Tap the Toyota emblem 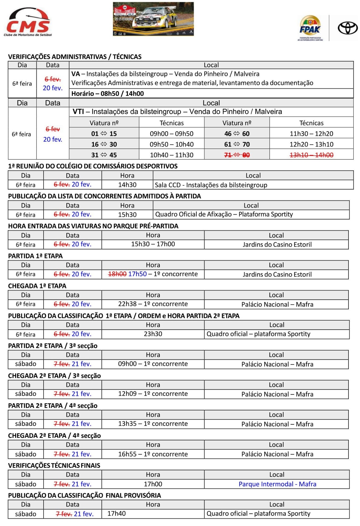(x=347, y=28)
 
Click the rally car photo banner (x=153, y=19)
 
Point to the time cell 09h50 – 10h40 (x=172, y=144)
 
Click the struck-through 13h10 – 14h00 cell (x=311, y=155)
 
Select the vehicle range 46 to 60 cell (x=237, y=134)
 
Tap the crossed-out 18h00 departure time (x=117, y=274)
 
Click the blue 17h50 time (x=137, y=274)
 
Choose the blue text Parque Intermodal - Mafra (x=277, y=484)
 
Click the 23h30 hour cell (x=153, y=334)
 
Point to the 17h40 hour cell (x=117, y=513)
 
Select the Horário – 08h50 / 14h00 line (x=108, y=94)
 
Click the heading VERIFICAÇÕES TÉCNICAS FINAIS (x=54, y=465)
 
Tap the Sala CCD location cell (x=211, y=185)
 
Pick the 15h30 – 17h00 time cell (x=153, y=244)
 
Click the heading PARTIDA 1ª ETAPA (x=36, y=256)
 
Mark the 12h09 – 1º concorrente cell (x=153, y=394)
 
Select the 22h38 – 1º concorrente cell (x=153, y=304)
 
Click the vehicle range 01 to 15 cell (x=104, y=134)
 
